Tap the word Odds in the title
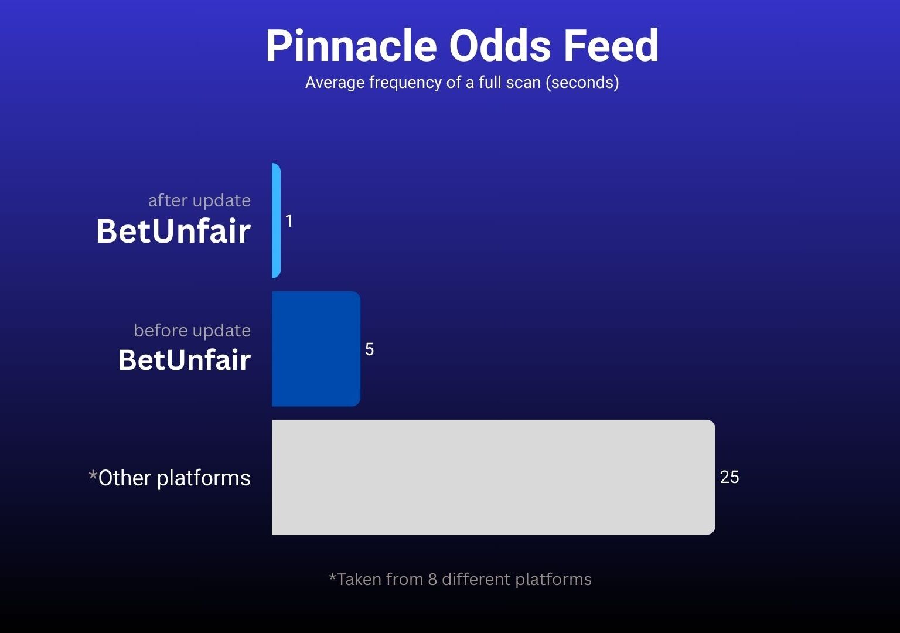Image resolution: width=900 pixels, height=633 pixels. [x=500, y=45]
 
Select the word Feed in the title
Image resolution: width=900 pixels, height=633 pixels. [x=611, y=45]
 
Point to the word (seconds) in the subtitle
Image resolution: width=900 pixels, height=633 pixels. [x=582, y=83]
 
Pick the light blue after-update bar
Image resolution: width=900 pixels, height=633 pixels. [x=276, y=220]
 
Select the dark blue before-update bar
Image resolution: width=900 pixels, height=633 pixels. [x=316, y=349]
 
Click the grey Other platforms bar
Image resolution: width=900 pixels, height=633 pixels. [x=493, y=477]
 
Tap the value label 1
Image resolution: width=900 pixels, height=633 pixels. [x=289, y=220]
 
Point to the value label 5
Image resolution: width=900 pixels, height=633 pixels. [x=370, y=349]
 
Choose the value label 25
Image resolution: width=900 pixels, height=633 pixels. [x=729, y=477]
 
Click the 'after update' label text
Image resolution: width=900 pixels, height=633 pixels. [x=199, y=200]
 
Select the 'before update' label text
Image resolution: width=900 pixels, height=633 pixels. [x=192, y=331]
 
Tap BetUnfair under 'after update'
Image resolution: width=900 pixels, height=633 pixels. [x=173, y=231]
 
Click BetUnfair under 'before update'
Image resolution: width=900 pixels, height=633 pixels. [x=185, y=359]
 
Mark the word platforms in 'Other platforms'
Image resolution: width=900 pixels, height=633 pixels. [x=203, y=478]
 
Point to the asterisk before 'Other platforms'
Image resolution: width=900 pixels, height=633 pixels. [x=93, y=475]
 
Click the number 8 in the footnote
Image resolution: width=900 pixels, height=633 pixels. [x=432, y=580]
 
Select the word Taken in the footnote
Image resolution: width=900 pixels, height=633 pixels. [x=360, y=580]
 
